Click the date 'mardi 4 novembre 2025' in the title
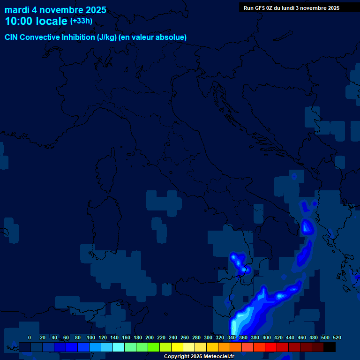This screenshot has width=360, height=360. (x=55, y=10)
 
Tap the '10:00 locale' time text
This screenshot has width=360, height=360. (x=36, y=21)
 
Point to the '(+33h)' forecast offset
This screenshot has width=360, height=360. (x=81, y=21)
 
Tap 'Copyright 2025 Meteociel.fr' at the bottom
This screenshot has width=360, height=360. (x=199, y=357)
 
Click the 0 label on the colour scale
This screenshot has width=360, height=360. (x=30, y=337)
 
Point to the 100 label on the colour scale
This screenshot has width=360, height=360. (x=90, y=337)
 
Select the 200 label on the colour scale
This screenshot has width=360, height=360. (x=150, y=337)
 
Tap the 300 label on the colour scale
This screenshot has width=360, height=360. (x=208, y=337)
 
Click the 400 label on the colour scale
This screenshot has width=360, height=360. (x=267, y=337)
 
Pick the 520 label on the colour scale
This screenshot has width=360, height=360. (x=337, y=337)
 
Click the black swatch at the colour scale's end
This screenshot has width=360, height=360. (x=330, y=347)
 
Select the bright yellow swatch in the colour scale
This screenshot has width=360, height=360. (x=177, y=347)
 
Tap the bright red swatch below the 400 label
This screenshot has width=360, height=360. (x=271, y=347)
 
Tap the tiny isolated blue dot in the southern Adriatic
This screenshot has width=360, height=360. (x=294, y=177)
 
